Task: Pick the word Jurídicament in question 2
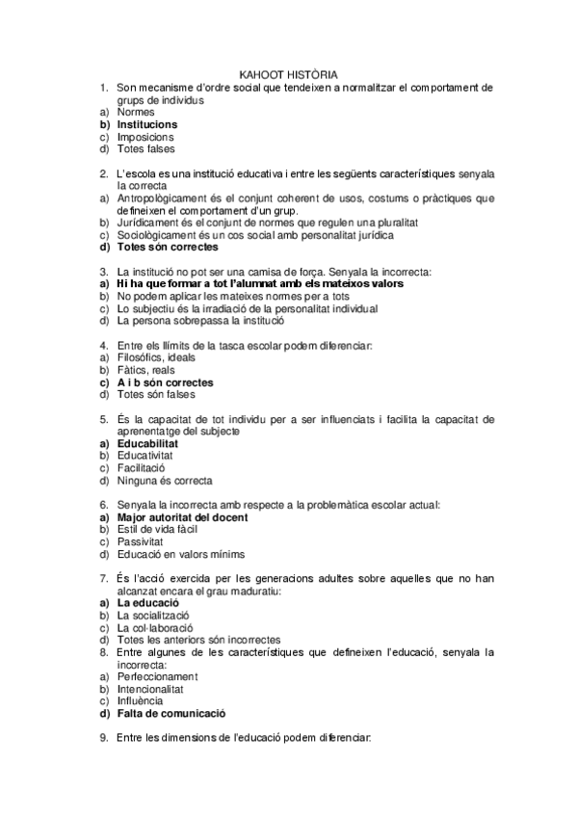pyautogui.click(x=146, y=222)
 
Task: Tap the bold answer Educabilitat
pyautogui.click(x=146, y=443)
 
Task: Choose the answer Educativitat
pyautogui.click(x=146, y=456)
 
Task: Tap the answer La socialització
pyautogui.click(x=152, y=615)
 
